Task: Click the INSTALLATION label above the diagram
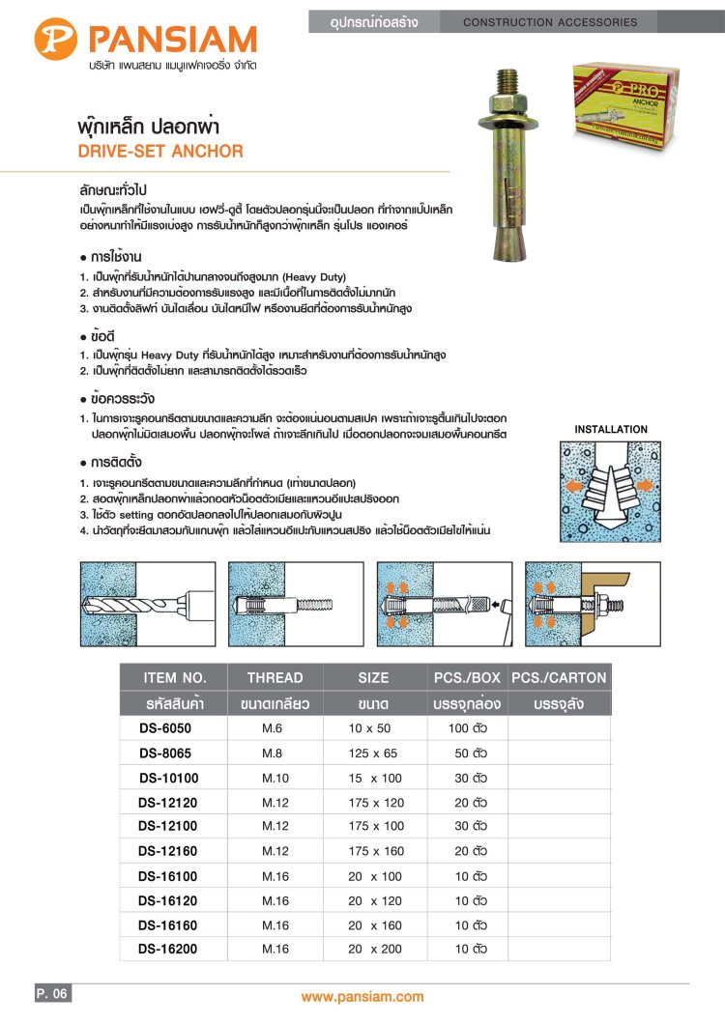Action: pos(611,429)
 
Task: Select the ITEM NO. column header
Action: pos(174,677)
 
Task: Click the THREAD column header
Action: pos(275,677)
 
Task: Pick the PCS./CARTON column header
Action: pos(559,677)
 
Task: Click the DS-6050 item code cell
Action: pos(168,727)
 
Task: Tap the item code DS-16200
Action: pos(168,950)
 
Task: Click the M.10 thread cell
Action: pos(275,778)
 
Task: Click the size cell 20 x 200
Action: pos(375,950)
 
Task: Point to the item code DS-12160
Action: pos(168,851)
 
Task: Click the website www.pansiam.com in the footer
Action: pos(362,997)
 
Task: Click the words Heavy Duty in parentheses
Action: pos(310,276)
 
